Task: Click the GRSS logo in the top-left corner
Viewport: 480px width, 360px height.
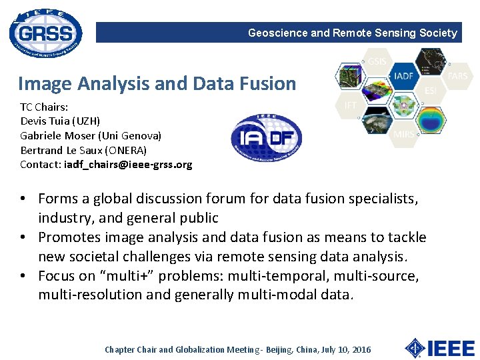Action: pyautogui.click(x=45, y=33)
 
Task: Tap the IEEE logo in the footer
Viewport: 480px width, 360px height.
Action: pyautogui.click(x=440, y=348)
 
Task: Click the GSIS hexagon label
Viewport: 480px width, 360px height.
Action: pyautogui.click(x=377, y=62)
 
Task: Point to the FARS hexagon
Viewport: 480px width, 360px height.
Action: pyautogui.click(x=457, y=76)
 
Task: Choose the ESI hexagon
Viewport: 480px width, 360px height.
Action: pyautogui.click(x=431, y=90)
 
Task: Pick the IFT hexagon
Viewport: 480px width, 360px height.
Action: pyautogui.click(x=349, y=105)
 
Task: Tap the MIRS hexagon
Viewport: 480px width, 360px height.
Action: pyautogui.click(x=403, y=134)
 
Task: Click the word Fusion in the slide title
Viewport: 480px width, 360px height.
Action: pyautogui.click(x=266, y=84)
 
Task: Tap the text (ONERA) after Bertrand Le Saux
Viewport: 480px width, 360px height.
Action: pyautogui.click(x=126, y=150)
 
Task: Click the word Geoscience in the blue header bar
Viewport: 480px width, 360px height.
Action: pyautogui.click(x=278, y=33)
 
